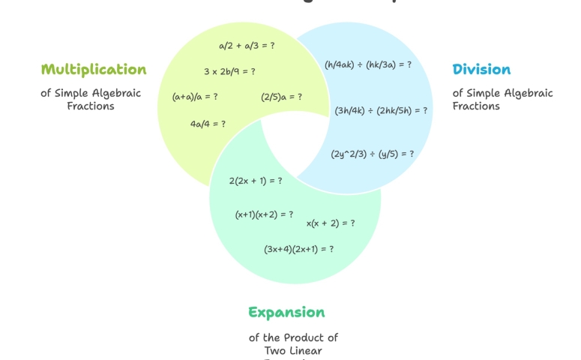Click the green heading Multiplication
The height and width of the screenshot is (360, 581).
click(x=94, y=70)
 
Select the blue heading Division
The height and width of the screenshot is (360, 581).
click(x=481, y=70)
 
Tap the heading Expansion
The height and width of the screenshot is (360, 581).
click(x=286, y=312)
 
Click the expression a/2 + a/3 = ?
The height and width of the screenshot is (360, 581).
click(x=247, y=46)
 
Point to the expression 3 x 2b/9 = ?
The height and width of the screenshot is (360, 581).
click(x=229, y=71)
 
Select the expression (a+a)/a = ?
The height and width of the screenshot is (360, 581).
click(x=195, y=97)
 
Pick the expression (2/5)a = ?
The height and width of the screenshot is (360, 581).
click(x=282, y=97)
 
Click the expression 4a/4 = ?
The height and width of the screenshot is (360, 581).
click(x=208, y=124)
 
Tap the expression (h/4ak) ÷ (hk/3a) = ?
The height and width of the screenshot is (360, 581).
click(x=368, y=64)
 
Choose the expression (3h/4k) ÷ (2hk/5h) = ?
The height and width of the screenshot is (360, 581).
click(x=382, y=110)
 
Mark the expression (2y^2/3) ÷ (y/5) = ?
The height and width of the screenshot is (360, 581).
click(x=373, y=154)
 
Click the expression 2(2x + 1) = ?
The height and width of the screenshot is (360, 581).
click(x=256, y=181)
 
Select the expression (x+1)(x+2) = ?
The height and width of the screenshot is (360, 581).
click(x=264, y=214)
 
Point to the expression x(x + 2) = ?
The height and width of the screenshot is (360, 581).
click(x=331, y=223)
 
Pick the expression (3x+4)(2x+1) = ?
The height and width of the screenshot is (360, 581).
click(x=298, y=249)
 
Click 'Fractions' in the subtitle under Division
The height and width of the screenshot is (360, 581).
click(x=476, y=106)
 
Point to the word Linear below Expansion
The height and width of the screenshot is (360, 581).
click(x=307, y=351)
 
